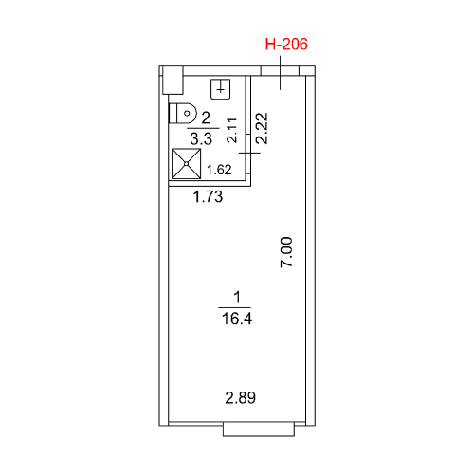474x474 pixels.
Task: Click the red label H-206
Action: [286, 45]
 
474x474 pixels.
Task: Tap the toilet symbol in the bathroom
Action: [183, 113]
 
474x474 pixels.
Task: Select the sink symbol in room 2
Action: [221, 89]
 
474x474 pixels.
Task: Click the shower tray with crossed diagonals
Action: [187, 163]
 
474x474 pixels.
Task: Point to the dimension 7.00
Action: [286, 252]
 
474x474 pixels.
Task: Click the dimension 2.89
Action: [240, 397]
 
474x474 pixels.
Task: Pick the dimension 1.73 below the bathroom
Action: [208, 196]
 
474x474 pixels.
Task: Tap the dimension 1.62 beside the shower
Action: [219, 170]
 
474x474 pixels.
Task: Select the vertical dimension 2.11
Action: [232, 130]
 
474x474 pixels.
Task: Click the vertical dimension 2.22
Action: [262, 128]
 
